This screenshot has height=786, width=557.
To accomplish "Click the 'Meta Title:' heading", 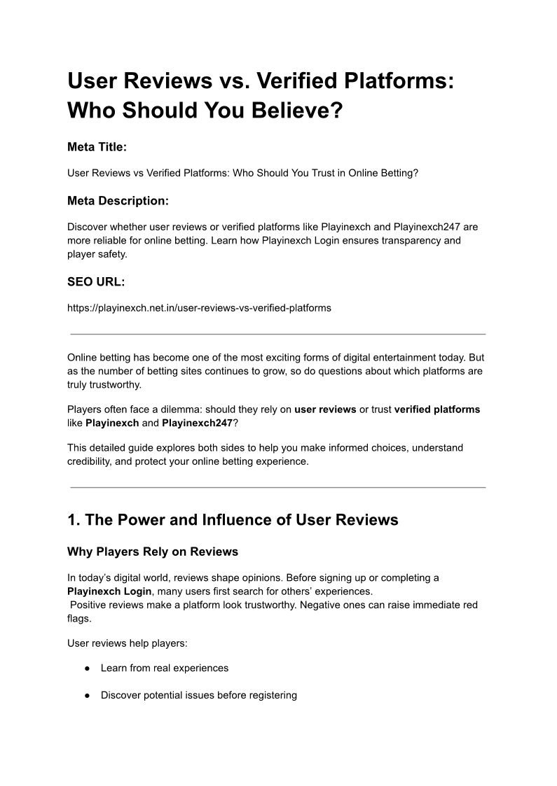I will coord(97,147).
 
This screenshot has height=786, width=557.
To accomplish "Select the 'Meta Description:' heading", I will coord(118,201).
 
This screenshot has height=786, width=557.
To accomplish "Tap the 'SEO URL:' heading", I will coord(96,281).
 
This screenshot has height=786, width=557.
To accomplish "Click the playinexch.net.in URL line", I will coord(199,307).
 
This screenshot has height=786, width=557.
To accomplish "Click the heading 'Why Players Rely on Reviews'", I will coord(153,552).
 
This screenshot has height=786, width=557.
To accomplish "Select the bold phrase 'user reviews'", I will coord(325,409).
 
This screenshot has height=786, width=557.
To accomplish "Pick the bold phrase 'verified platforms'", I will coord(437,409).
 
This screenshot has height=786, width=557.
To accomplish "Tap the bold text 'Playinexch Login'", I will coord(109,591).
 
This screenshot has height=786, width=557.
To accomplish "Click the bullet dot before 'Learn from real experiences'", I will coord(88,668).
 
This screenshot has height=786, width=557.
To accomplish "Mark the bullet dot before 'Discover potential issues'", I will coord(88,696).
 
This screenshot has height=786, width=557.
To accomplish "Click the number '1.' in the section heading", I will coord(74,520).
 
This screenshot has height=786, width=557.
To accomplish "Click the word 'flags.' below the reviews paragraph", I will coord(80,618).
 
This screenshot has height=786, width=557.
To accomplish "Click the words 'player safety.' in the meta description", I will coord(97,254).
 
